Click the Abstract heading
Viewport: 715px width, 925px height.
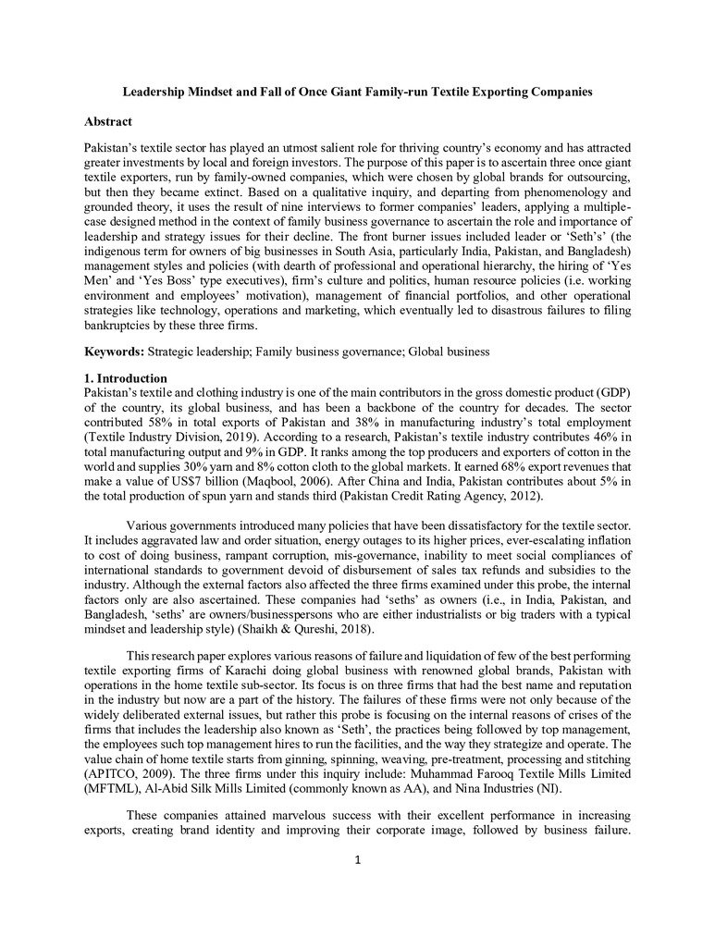point(108,122)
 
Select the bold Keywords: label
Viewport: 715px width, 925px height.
point(114,352)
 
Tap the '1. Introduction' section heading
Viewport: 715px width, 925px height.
point(126,378)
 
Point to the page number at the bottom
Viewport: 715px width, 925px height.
point(357,861)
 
